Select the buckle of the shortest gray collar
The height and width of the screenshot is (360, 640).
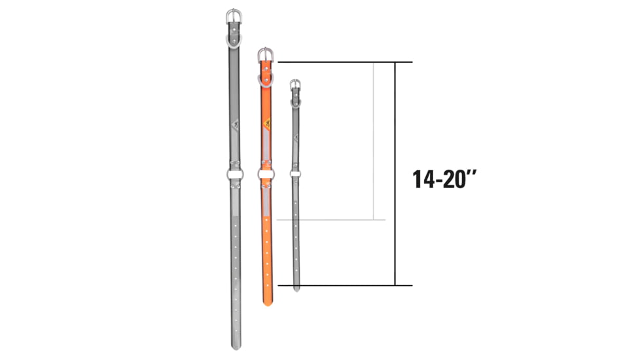point(295,84)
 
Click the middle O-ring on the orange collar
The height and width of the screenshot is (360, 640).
point(266,173)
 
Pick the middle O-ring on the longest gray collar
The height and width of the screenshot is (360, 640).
point(234,174)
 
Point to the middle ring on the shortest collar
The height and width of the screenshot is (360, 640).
point(296,173)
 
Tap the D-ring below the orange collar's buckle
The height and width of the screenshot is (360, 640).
point(265,79)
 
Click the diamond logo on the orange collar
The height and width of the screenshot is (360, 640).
point(266,124)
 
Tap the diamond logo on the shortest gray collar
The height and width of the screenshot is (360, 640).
point(296,137)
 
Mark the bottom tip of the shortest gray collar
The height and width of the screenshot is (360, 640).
point(296,288)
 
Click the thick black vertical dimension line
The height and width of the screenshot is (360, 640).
point(395,173)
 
